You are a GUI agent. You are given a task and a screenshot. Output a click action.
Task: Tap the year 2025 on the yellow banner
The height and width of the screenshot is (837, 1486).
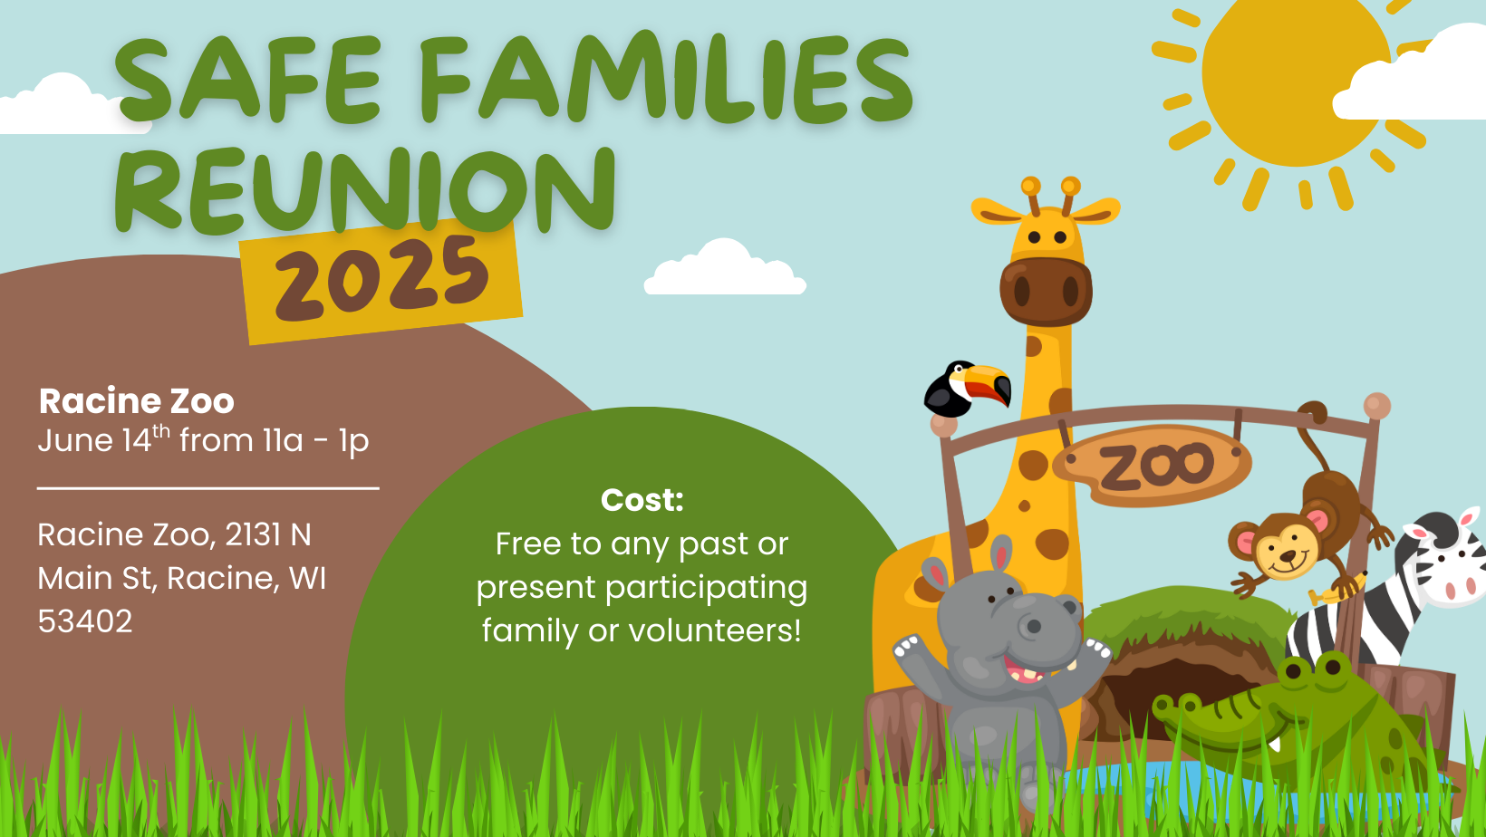point(382,280)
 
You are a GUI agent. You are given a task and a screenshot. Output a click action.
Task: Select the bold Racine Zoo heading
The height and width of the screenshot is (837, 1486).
point(137,401)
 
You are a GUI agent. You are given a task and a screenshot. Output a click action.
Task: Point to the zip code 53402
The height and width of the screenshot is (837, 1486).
point(85,621)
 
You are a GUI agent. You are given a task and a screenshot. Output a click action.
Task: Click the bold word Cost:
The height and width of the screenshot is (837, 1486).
point(642,500)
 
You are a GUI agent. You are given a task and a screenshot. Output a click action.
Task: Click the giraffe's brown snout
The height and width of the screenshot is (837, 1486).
point(1047,292)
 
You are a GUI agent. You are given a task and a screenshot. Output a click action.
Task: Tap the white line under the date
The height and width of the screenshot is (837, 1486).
point(208,488)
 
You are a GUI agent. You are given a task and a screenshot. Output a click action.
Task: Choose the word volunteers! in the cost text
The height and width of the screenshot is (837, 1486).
point(716,630)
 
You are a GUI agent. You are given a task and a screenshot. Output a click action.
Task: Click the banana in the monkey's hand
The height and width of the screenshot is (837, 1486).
point(1336,590)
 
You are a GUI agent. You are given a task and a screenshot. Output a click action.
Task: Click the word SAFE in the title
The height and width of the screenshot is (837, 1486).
point(249,80)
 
